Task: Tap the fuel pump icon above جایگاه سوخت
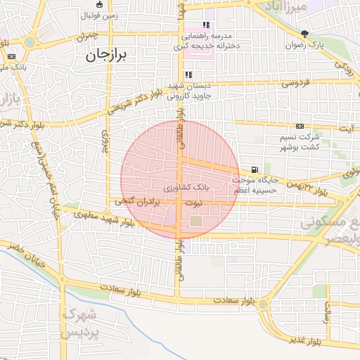253,169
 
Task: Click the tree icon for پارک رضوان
304,33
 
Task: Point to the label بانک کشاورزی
186,188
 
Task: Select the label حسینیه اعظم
257,190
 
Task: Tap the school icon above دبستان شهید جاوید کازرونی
188,75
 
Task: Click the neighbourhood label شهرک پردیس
79,323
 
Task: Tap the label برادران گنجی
141,202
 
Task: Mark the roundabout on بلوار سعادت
263,304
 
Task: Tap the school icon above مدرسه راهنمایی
206,24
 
